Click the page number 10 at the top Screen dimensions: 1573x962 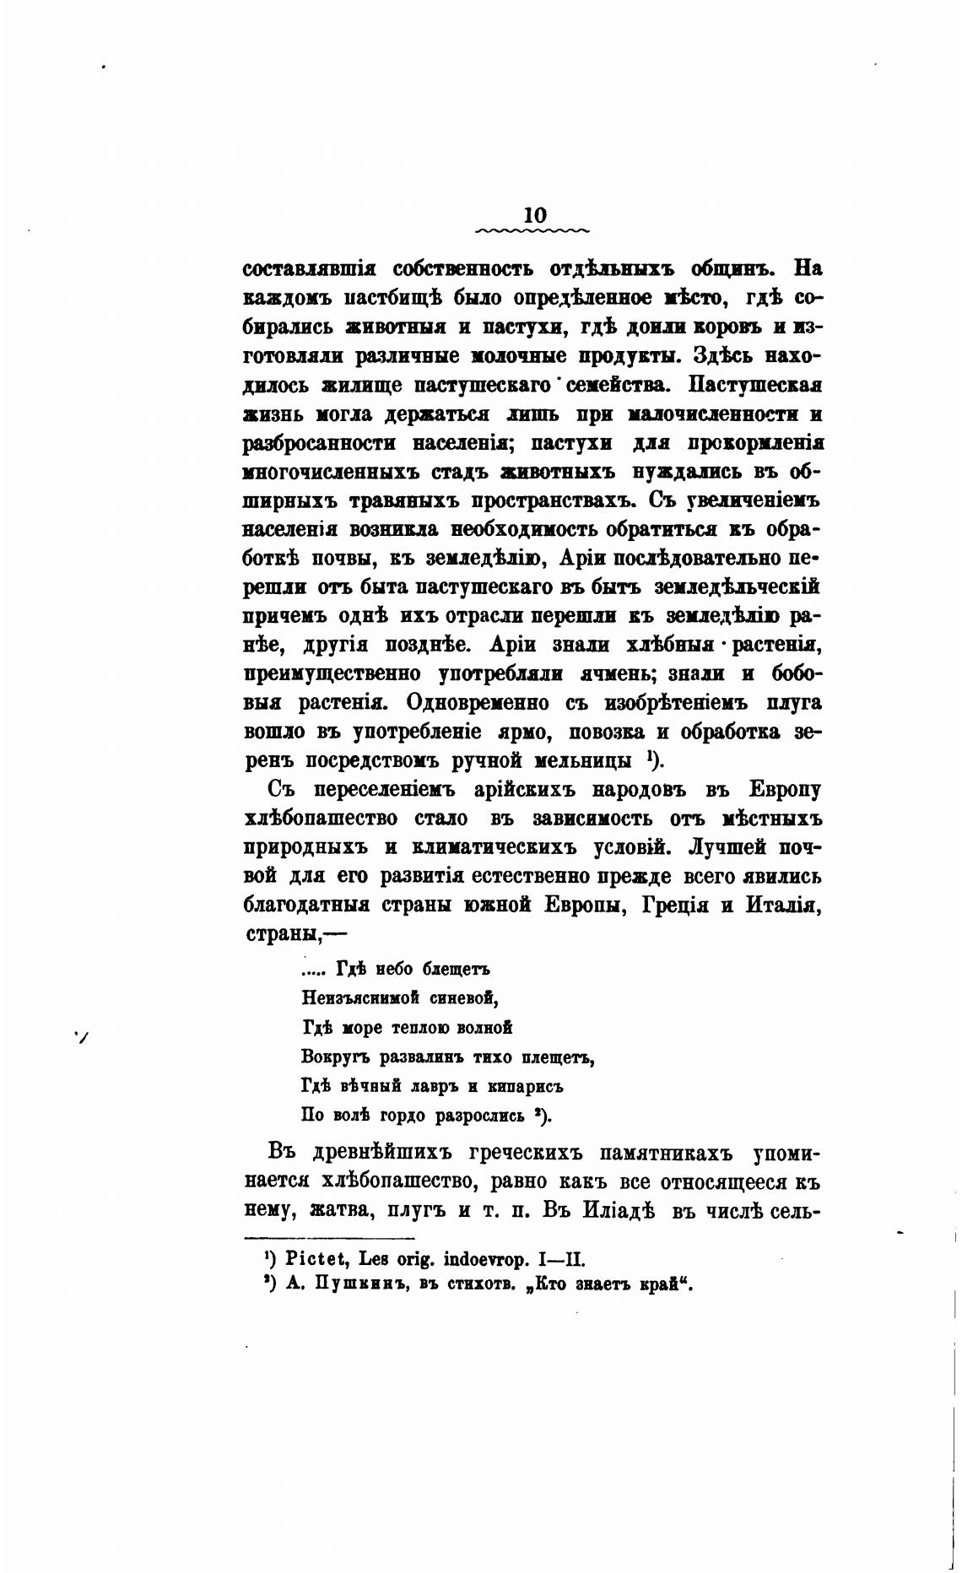[x=535, y=215]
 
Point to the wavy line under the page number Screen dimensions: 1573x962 [x=533, y=230]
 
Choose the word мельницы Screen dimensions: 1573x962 [x=584, y=760]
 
